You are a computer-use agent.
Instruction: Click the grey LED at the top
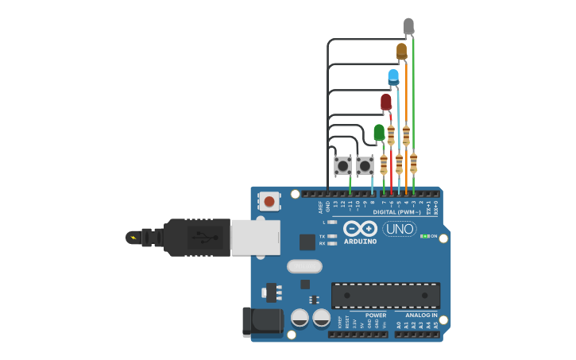tap(408, 26)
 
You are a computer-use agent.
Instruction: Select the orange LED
tap(401, 52)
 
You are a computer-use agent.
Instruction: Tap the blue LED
tap(393, 77)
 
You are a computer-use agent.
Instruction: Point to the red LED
tap(386, 102)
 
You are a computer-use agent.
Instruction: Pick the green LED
tap(379, 131)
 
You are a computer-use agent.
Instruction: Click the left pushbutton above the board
tap(342, 166)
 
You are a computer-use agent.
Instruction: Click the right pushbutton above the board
tap(365, 166)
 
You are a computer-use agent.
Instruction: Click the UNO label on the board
tap(400, 229)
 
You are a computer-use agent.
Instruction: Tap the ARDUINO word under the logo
tap(360, 241)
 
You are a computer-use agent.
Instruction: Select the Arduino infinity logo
tap(360, 228)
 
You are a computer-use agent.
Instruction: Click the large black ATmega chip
tap(385, 295)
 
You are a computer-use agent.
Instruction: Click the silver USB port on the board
tap(255, 237)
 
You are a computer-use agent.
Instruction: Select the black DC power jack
tap(261, 321)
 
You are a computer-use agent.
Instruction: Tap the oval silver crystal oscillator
tap(304, 266)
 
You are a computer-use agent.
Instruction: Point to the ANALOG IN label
tap(416, 315)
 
